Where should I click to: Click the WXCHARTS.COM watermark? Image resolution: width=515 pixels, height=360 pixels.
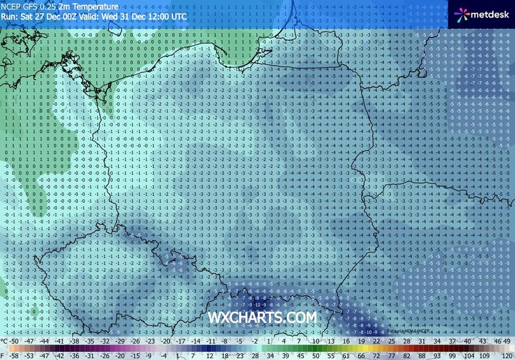[x=263, y=318]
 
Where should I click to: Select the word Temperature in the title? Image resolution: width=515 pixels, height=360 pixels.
[x=96, y=7]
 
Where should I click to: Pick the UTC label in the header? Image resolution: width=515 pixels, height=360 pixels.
[x=178, y=17]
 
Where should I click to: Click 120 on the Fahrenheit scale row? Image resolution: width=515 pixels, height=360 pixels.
[x=506, y=354]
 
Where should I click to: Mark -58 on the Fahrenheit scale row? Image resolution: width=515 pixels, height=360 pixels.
[x=12, y=354]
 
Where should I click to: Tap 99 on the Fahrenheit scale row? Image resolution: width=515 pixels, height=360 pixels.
[x=453, y=354]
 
